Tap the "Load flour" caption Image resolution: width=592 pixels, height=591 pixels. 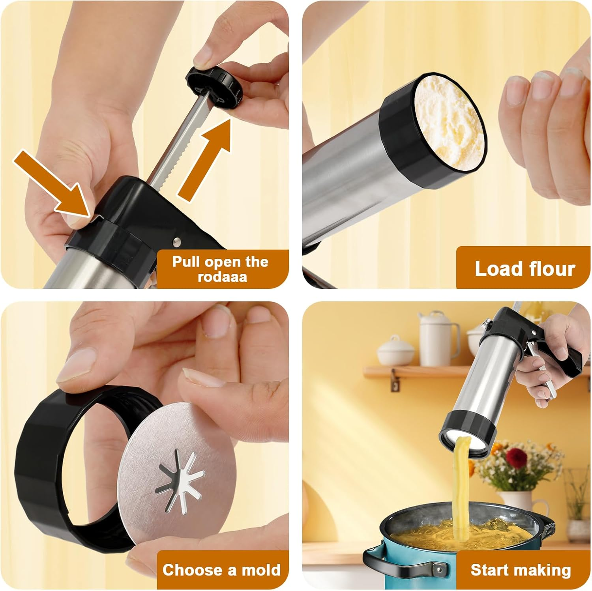coord(525,269)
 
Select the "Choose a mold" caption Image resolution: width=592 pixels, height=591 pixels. coord(221,570)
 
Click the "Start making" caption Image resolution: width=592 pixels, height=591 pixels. coord(521,570)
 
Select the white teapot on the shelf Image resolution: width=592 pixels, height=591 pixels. coord(395,351)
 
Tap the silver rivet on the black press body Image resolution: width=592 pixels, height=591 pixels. coord(177,240)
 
